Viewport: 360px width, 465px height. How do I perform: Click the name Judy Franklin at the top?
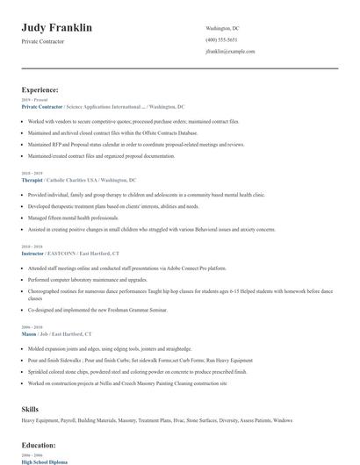pos(57,28)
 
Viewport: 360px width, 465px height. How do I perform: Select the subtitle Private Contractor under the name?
pos(45,42)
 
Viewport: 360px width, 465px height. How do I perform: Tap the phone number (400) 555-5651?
pos(221,40)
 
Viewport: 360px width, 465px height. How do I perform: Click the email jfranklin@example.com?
pos(230,52)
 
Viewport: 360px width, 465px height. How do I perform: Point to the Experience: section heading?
pos(40,89)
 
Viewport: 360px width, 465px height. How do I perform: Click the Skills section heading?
pos(31,410)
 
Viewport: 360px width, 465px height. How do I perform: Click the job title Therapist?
pos(34,179)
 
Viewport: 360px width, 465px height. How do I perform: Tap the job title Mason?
pos(30,333)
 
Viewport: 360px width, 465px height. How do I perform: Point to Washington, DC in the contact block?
pos(222,28)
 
